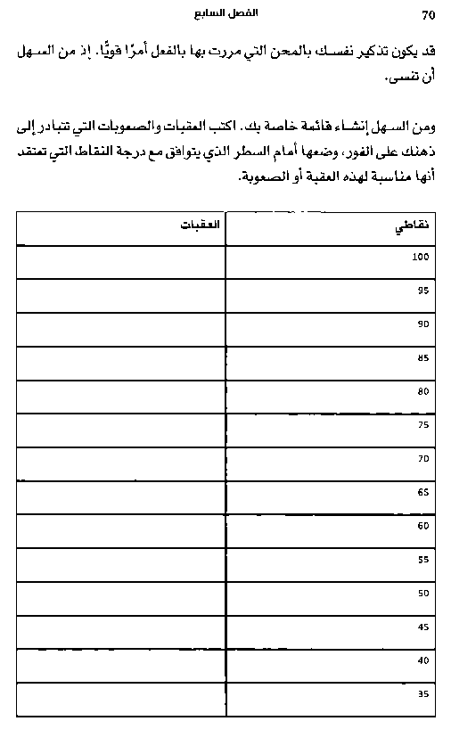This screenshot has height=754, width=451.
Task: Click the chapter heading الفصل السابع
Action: pos(225,14)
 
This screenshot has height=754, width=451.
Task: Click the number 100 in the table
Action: pos(421,257)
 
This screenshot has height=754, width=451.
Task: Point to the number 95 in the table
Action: pos(422,291)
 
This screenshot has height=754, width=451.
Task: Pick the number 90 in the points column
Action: pos(422,324)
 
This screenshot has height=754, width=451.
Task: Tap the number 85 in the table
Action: pos(422,358)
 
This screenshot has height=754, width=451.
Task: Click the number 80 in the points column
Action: pos(422,391)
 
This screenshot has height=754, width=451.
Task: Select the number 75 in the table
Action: pos(422,425)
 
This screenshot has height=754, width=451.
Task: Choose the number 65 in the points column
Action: pos(422,492)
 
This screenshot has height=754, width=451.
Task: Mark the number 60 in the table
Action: pos(422,526)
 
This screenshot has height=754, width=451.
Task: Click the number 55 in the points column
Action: pos(422,560)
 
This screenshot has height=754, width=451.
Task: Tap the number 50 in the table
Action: pos(422,593)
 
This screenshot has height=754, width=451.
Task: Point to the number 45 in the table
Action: pos(422,627)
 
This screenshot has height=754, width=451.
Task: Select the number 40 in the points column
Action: pos(422,660)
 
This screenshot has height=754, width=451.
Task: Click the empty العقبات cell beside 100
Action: pos(121,262)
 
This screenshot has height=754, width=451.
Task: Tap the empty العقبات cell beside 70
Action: pos(121,463)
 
